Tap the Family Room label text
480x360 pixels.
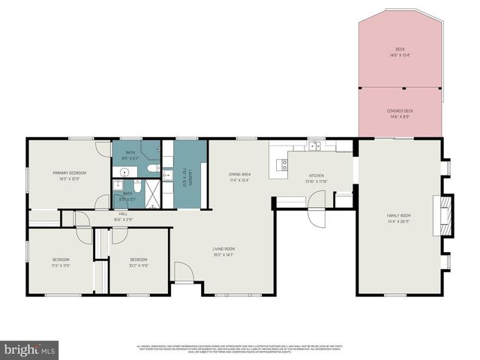[x=398, y=215]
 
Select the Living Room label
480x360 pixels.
[x=223, y=249]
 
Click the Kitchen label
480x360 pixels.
[x=315, y=175]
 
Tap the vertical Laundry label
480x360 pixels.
[x=190, y=178]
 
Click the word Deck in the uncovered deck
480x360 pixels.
[x=400, y=49]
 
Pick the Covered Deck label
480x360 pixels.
[x=400, y=110]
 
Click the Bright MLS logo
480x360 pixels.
[x=30, y=349]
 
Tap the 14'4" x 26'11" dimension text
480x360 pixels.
[x=398, y=221]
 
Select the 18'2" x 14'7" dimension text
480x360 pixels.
[x=223, y=255]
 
